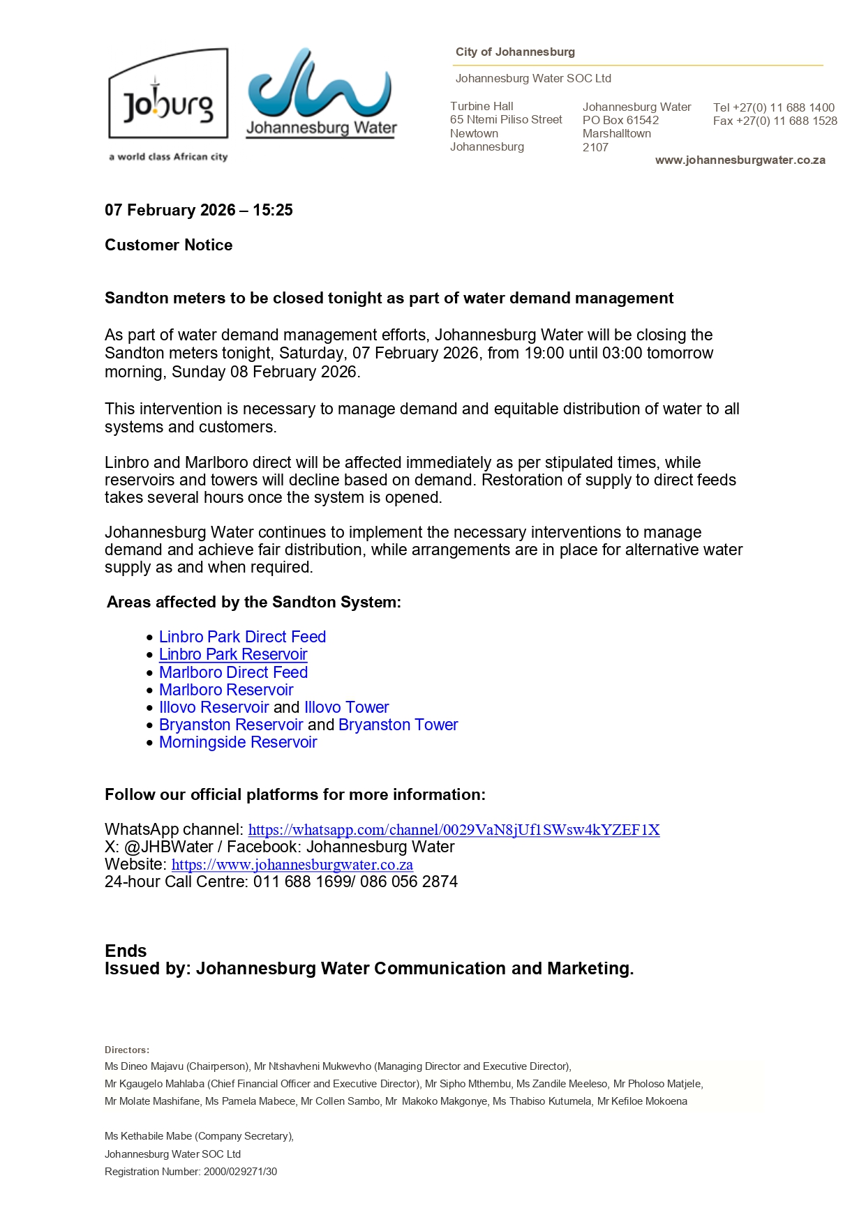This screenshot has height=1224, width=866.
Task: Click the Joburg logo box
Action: point(168,94)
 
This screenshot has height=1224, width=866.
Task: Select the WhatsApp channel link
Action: point(454,830)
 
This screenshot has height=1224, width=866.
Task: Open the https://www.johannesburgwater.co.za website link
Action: point(292,865)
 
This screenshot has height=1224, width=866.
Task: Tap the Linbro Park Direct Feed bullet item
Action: point(242,637)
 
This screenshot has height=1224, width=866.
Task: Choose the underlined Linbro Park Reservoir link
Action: point(233,654)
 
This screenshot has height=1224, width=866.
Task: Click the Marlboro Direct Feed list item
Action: point(233,672)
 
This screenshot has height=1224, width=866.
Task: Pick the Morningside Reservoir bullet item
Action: point(238,742)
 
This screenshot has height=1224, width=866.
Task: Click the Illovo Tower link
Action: point(346,707)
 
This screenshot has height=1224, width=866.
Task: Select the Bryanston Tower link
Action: point(398,725)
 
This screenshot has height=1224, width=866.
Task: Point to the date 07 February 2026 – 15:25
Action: point(199,210)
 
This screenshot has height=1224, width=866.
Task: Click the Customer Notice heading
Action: point(169,245)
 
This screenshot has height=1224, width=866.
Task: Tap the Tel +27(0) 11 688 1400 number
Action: point(774,107)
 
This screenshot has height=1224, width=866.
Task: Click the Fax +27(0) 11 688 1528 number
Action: point(775,121)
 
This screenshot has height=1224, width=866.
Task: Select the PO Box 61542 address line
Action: point(620,120)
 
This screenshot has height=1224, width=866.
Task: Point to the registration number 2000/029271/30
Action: point(240,1172)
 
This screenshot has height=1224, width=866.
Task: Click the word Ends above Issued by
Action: point(126,951)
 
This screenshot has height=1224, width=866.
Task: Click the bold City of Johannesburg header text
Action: point(515,52)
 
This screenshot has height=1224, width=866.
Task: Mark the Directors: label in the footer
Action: point(127,1050)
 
